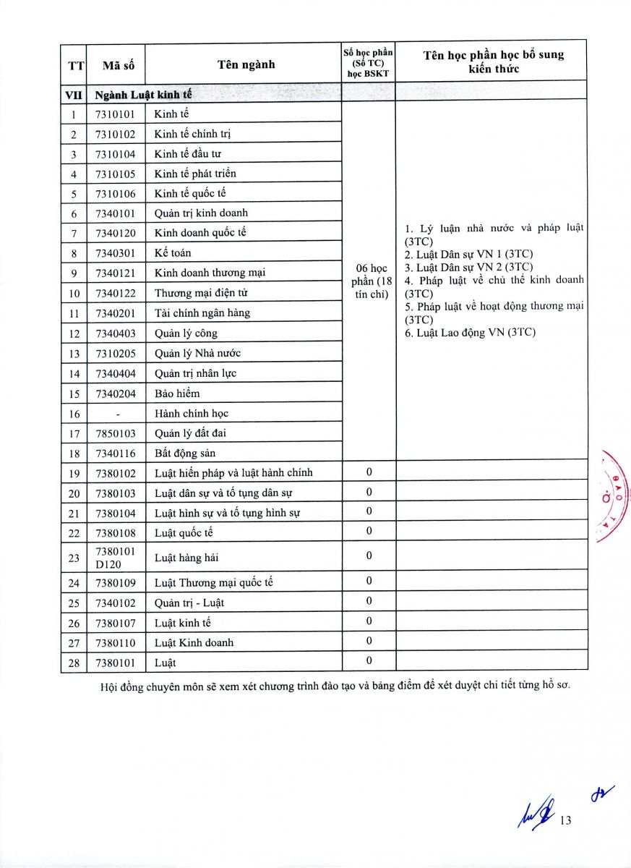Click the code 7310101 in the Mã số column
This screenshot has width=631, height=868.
pyautogui.click(x=115, y=114)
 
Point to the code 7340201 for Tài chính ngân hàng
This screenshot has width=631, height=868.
pyautogui.click(x=115, y=313)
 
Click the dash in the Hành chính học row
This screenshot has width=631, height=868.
pyautogui.click(x=116, y=414)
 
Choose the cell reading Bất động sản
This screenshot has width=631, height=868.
pyautogui.click(x=185, y=454)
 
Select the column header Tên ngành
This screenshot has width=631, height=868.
pyautogui.click(x=246, y=64)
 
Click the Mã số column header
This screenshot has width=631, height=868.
pyautogui.click(x=115, y=65)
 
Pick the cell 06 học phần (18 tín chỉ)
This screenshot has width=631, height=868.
pyautogui.click(x=369, y=281)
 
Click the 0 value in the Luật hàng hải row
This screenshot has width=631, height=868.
pyautogui.click(x=369, y=556)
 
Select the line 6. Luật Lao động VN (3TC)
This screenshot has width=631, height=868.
pyautogui.click(x=471, y=333)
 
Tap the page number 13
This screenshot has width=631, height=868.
pyautogui.click(x=565, y=820)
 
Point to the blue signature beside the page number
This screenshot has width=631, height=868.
pyautogui.click(x=536, y=814)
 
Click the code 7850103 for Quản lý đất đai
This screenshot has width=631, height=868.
pyautogui.click(x=115, y=433)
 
